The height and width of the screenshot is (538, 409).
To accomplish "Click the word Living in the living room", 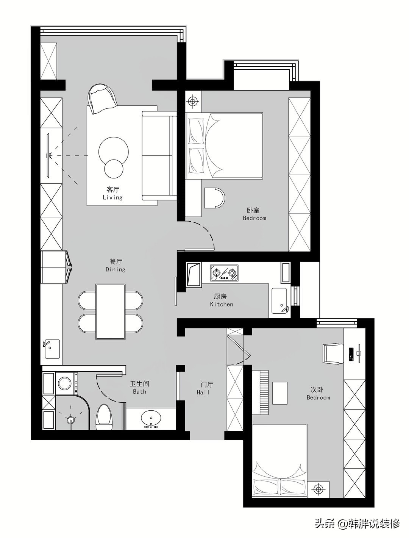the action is click(x=112, y=197).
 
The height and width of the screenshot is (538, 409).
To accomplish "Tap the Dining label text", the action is click(x=116, y=269).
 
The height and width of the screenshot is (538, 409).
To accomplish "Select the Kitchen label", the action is click(x=222, y=304).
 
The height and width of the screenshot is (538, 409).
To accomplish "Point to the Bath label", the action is click(x=140, y=392).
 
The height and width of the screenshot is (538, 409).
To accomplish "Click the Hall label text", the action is click(x=203, y=393).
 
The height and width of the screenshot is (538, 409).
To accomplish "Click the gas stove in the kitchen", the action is click(x=224, y=273).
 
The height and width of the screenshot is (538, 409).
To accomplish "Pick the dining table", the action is click(x=111, y=311).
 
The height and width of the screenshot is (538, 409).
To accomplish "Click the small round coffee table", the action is click(x=114, y=169).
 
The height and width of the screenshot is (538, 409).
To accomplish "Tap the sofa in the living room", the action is click(x=159, y=156).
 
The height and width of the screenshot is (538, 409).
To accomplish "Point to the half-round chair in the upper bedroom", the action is click(x=214, y=198).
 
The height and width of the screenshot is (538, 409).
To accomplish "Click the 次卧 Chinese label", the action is click(x=317, y=389).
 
